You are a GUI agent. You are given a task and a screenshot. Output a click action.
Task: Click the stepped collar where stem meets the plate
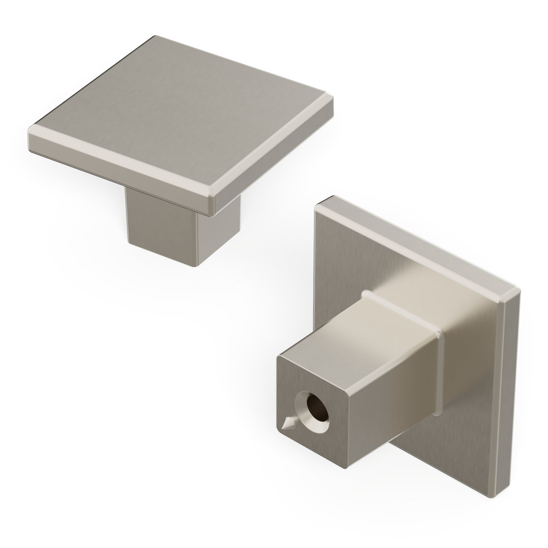(x=406, y=315)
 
